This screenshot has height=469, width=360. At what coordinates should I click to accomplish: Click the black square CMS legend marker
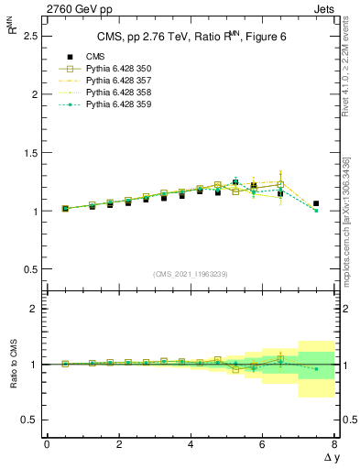[x=65, y=57]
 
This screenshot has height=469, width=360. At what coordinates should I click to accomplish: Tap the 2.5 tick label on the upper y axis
[x=31, y=36]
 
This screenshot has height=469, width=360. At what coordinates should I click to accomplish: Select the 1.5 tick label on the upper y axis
[x=31, y=153]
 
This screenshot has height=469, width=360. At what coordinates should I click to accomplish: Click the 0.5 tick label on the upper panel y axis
[x=31, y=269]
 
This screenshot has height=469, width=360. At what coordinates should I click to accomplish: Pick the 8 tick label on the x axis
[x=333, y=444]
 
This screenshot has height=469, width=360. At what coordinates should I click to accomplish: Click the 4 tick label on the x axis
[x=191, y=444]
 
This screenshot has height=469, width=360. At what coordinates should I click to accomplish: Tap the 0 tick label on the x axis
[x=47, y=444]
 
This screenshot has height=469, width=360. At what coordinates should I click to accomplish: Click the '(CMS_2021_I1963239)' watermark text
[x=190, y=275]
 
